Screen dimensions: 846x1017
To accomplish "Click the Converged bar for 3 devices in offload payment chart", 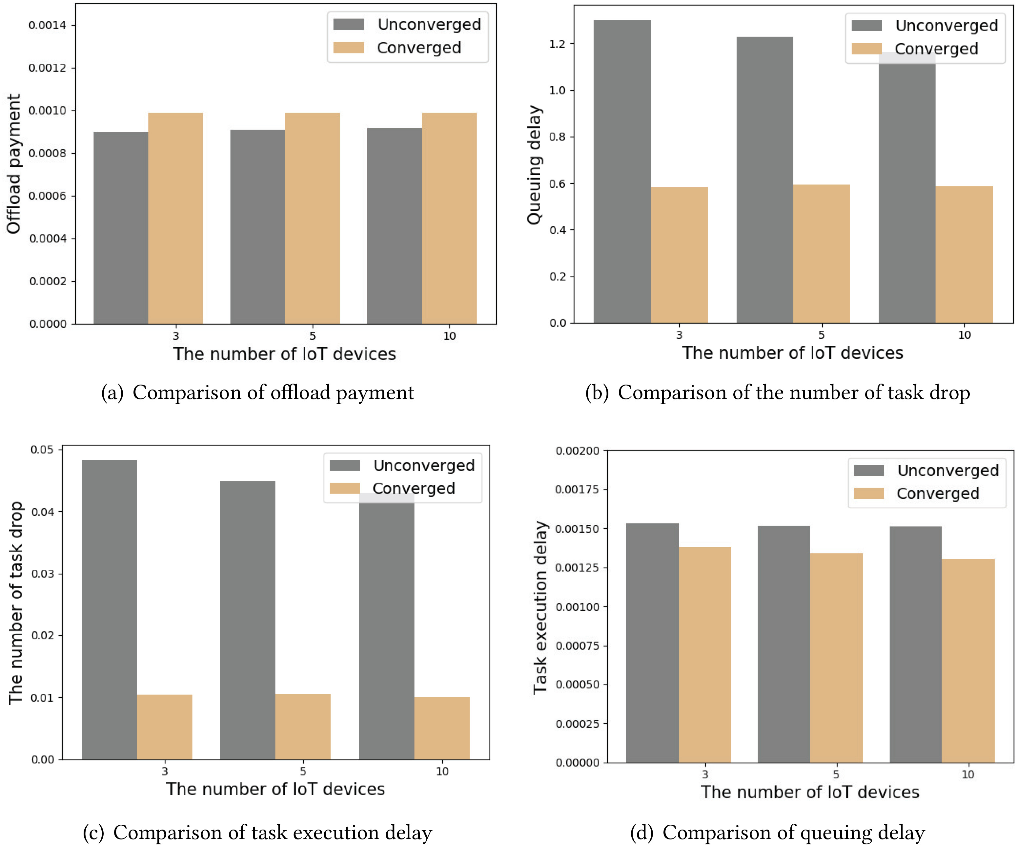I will click(175, 218).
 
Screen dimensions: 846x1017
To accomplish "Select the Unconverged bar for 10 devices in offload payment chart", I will click(394, 226).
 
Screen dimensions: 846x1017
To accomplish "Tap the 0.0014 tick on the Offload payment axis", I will click(48, 25).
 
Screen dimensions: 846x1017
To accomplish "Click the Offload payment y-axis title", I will click(13, 164).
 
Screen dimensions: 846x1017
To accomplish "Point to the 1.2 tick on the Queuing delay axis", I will click(557, 44).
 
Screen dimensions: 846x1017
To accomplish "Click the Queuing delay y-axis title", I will click(534, 165).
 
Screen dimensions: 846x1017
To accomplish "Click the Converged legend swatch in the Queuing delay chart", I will click(866, 49).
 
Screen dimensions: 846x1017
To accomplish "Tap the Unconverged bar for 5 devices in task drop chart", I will click(248, 620).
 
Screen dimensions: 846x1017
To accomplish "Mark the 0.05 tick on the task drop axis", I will click(42, 450).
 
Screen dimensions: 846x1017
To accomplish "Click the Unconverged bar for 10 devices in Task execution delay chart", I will click(915, 645).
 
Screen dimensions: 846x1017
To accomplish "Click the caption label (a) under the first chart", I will click(112, 392).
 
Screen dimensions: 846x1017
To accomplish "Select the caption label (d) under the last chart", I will click(641, 833).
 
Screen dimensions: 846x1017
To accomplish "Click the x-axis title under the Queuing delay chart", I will click(792, 353).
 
